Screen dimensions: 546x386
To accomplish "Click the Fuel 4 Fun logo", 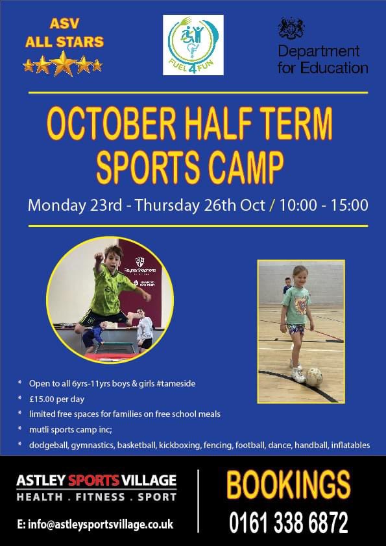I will point(193,45).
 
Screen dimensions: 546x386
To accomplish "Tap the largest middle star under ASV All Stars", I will point(64,64).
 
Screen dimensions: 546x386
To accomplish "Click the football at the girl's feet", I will point(314,377).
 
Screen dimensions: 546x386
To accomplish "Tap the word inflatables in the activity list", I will point(349,445).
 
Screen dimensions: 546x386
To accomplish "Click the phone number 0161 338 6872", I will point(289,522).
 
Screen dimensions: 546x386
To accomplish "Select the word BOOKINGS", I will point(288,485).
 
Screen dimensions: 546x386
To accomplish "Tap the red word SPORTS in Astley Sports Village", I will point(94,481).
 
